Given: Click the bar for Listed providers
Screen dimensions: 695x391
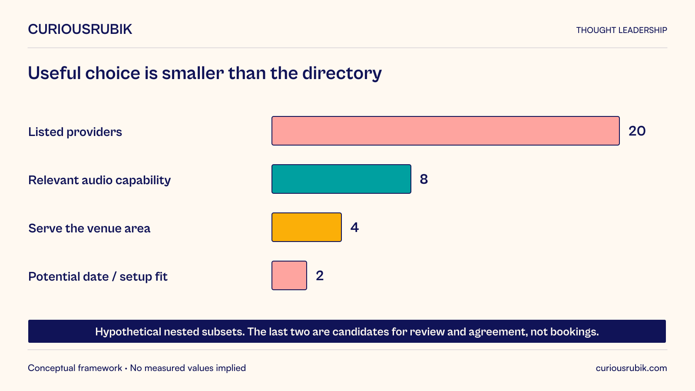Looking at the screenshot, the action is (446, 131).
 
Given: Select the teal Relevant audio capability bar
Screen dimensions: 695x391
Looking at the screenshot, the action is (341, 179).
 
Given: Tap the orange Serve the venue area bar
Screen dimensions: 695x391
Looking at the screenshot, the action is (307, 227).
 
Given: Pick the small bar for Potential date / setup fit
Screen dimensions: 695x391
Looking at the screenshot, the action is (289, 275).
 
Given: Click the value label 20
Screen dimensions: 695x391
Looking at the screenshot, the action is (637, 131).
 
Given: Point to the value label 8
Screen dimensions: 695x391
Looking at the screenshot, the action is (424, 179).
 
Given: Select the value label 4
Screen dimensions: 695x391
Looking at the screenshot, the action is (354, 228).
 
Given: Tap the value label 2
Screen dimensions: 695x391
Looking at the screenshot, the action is (320, 275).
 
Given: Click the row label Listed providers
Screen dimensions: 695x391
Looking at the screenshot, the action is (75, 132).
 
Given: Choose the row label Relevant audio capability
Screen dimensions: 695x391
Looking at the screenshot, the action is (99, 180).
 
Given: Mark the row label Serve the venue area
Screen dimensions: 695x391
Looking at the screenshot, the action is (89, 229).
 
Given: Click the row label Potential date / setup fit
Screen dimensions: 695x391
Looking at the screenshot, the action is (98, 276).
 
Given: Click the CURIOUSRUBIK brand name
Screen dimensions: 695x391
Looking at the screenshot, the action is (80, 30).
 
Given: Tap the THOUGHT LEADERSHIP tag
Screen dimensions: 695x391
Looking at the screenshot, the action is (622, 30).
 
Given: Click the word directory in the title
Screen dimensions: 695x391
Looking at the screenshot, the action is (342, 73).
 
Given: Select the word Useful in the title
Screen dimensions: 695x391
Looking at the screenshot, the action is (54, 73).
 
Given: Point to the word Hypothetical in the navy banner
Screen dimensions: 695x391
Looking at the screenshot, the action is (128, 332).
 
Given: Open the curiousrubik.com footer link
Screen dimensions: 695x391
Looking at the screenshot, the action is (632, 368).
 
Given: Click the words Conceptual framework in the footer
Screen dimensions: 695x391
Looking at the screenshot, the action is (75, 368).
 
